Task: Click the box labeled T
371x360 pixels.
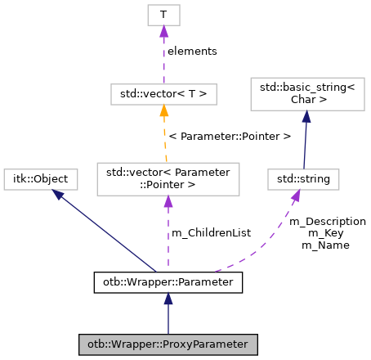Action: point(163,15)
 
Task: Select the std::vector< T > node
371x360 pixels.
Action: point(163,94)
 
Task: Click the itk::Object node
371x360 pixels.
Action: point(41,178)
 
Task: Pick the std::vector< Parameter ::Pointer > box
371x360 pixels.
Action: point(168,178)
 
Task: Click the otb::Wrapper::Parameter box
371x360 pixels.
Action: point(168,282)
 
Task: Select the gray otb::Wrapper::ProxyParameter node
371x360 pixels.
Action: point(168,344)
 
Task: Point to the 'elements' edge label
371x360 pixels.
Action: point(192,51)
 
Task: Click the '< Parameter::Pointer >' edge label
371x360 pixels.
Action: point(229,136)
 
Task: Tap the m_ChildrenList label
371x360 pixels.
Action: point(211,233)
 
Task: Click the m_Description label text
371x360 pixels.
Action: point(328,222)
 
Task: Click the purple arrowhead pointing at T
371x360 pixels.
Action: point(163,31)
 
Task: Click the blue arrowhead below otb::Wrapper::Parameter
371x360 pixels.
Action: point(168,300)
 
